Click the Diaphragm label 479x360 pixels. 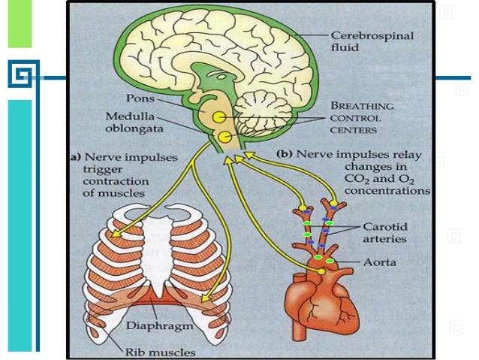pyautogui.click(x=170, y=327)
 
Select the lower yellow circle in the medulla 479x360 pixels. pyautogui.click(x=224, y=137)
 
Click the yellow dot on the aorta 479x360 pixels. pyautogui.click(x=321, y=269)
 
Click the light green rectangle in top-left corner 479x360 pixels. pyautogui.click(x=20, y=24)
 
